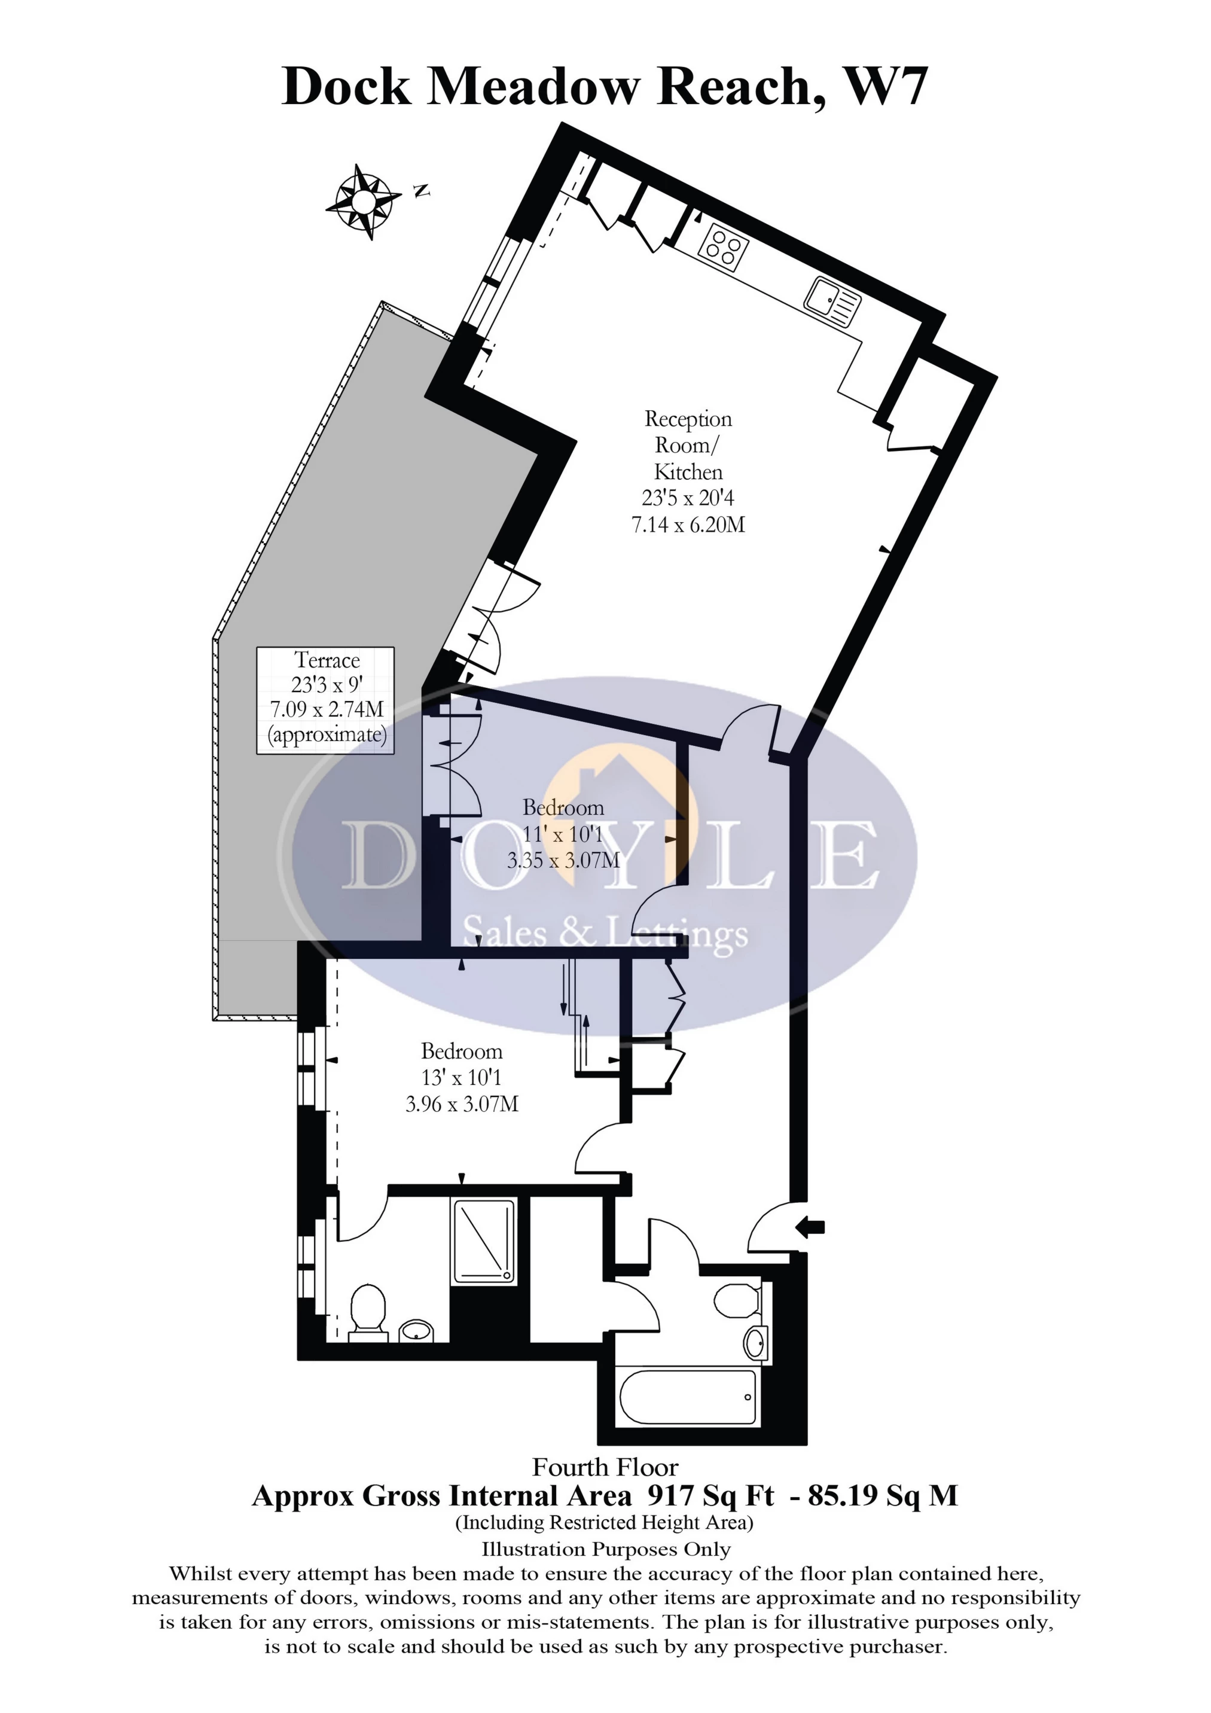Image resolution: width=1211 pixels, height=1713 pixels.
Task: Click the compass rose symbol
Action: [362, 201]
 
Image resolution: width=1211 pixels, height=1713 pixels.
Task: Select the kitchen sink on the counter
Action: [832, 301]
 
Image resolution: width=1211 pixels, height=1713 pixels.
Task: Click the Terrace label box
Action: [325, 700]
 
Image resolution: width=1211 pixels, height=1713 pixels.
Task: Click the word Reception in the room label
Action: [688, 419]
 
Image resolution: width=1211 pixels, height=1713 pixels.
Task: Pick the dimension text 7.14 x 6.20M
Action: [688, 525]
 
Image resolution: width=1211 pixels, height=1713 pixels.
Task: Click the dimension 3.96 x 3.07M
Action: [462, 1104]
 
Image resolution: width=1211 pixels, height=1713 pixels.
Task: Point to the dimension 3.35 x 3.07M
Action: [563, 860]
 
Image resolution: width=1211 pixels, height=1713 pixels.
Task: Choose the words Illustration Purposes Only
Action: [605, 1550]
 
